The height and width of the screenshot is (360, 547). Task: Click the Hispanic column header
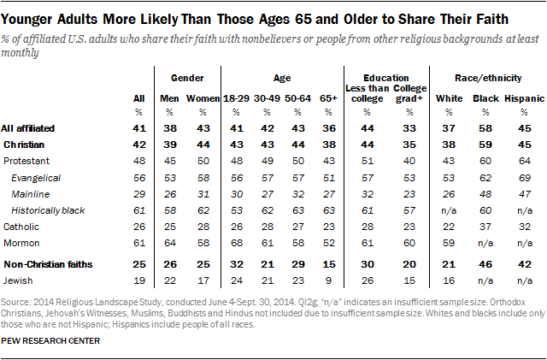[520, 99]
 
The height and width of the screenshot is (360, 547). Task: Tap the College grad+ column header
[409, 94]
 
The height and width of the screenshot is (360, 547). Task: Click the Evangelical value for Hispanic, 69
[520, 178]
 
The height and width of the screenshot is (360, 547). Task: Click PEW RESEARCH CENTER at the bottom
[51, 342]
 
